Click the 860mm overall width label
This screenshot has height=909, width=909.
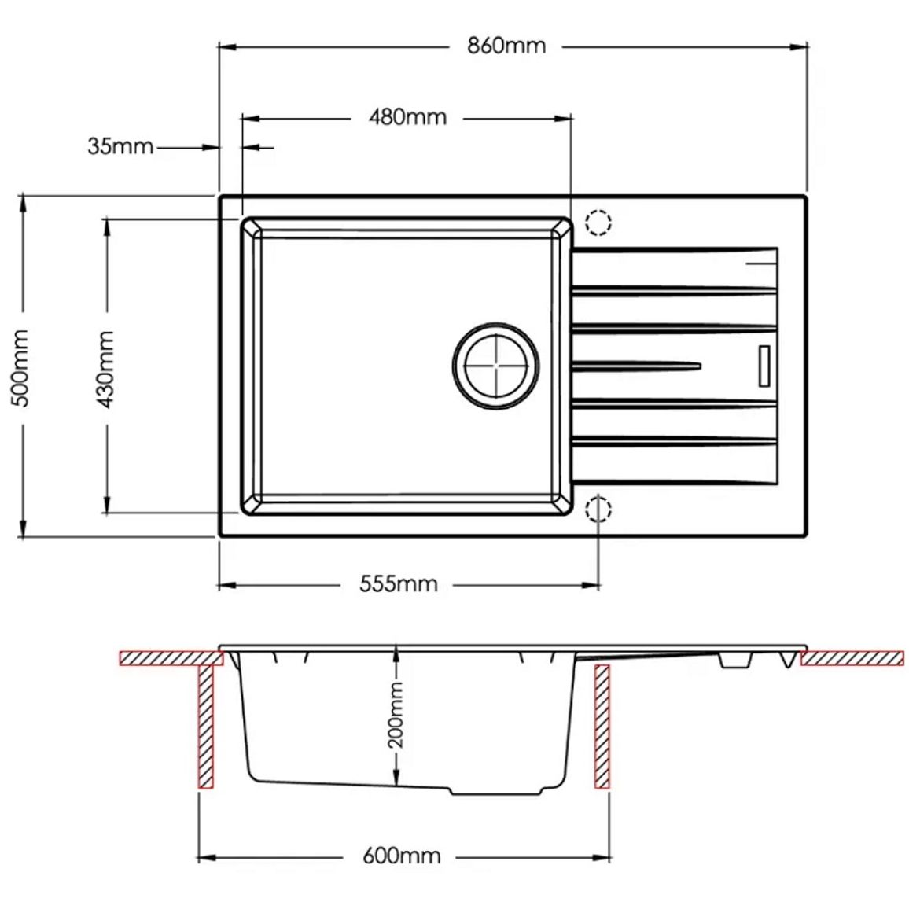[x=506, y=46]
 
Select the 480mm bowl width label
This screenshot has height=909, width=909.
[x=407, y=117]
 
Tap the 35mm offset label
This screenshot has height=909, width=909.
[x=120, y=146]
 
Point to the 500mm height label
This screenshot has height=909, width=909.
[x=21, y=367]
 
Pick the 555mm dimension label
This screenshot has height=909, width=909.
[x=398, y=583]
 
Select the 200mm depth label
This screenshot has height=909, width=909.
[x=396, y=714]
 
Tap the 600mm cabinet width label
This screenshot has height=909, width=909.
[x=401, y=856]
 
